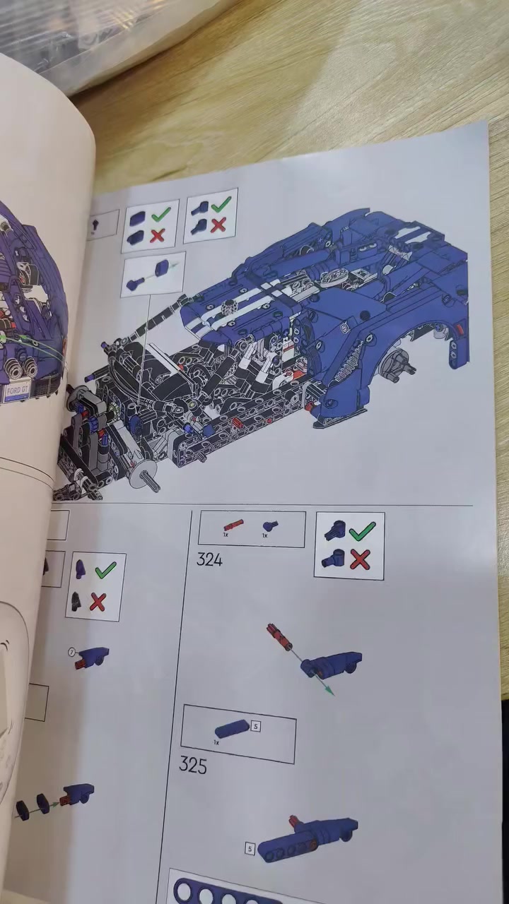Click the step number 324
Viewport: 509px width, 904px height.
pos(209,560)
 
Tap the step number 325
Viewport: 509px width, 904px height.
pos(193,765)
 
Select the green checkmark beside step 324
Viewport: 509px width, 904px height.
pos(362,530)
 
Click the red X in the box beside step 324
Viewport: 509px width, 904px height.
pos(360,560)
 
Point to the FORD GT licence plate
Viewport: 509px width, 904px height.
pos(18,391)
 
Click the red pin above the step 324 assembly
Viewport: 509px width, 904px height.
pos(279,636)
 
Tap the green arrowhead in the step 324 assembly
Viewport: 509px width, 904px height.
pos(329,691)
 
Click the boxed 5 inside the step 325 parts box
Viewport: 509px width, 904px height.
pos(256,725)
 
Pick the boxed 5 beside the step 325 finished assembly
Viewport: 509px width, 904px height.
pos(250,848)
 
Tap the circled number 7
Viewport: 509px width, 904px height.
pos(71,651)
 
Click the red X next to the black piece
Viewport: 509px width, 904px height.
pos(98,602)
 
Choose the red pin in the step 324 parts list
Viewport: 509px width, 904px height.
pos(233,525)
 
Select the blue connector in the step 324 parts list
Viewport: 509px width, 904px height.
pos(269,526)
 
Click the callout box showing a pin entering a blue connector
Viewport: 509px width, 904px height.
pos(153,274)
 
